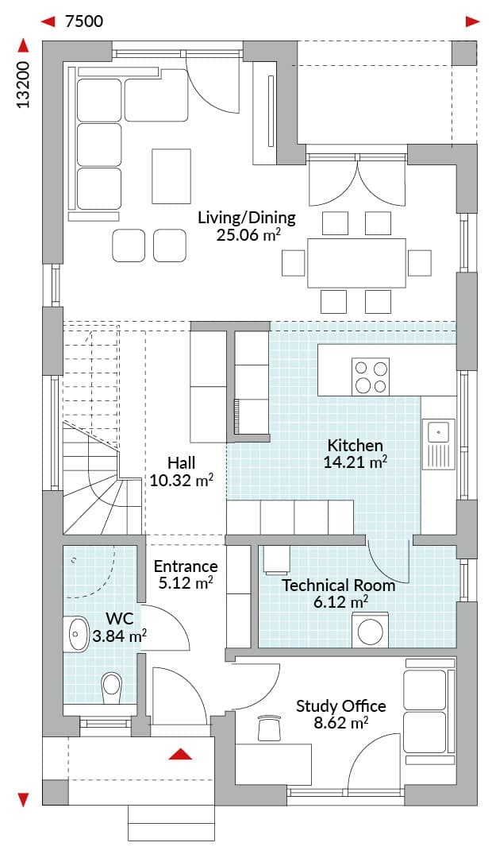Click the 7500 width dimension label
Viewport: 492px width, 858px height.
tap(83, 21)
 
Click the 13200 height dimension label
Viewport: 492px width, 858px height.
tap(22, 84)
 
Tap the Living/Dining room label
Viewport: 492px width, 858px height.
tap(247, 217)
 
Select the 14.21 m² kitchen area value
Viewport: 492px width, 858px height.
tap(356, 462)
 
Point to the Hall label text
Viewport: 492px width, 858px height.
tap(182, 463)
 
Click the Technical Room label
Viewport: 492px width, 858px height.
tap(338, 585)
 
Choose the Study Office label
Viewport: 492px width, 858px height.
tap(341, 706)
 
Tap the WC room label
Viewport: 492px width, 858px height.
tap(120, 619)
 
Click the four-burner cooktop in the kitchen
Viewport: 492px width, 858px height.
tap(371, 377)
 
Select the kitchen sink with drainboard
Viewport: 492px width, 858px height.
tap(439, 445)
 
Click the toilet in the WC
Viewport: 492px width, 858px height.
tap(112, 687)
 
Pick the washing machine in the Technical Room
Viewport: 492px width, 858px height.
tap(370, 630)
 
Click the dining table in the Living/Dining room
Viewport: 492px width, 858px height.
tap(357, 263)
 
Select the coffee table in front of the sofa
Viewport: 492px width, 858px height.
tap(171, 176)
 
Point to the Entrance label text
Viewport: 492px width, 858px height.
tap(186, 566)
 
